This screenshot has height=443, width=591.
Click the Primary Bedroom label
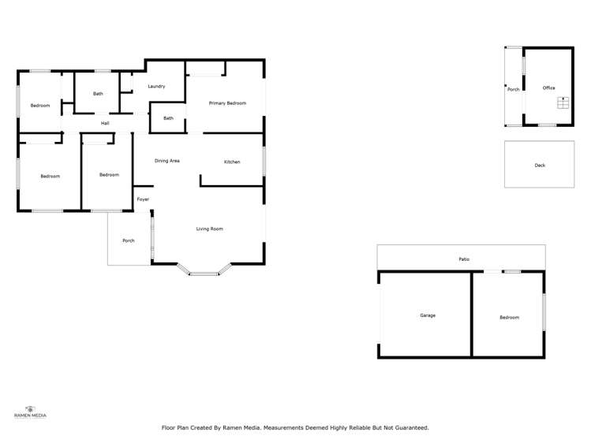(227, 103)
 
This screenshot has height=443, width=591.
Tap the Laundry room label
(155, 86)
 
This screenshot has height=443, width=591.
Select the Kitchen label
(232, 162)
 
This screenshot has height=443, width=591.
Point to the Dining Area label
(166, 161)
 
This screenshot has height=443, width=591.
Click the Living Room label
(210, 229)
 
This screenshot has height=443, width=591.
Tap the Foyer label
(143, 199)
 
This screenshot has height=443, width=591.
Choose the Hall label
(104, 123)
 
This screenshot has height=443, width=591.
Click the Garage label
(427, 315)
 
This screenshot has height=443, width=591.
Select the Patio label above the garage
(464, 259)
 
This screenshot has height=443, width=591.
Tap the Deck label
(540, 166)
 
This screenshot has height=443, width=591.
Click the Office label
(548, 88)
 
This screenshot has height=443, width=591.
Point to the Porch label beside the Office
(513, 89)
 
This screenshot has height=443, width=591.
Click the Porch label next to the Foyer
(128, 240)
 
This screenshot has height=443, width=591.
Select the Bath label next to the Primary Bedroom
(168, 118)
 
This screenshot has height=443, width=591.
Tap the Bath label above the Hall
(98, 94)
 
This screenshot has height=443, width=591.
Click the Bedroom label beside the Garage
(509, 317)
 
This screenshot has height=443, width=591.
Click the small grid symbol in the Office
(563, 102)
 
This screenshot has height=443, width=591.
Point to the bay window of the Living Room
(204, 273)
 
